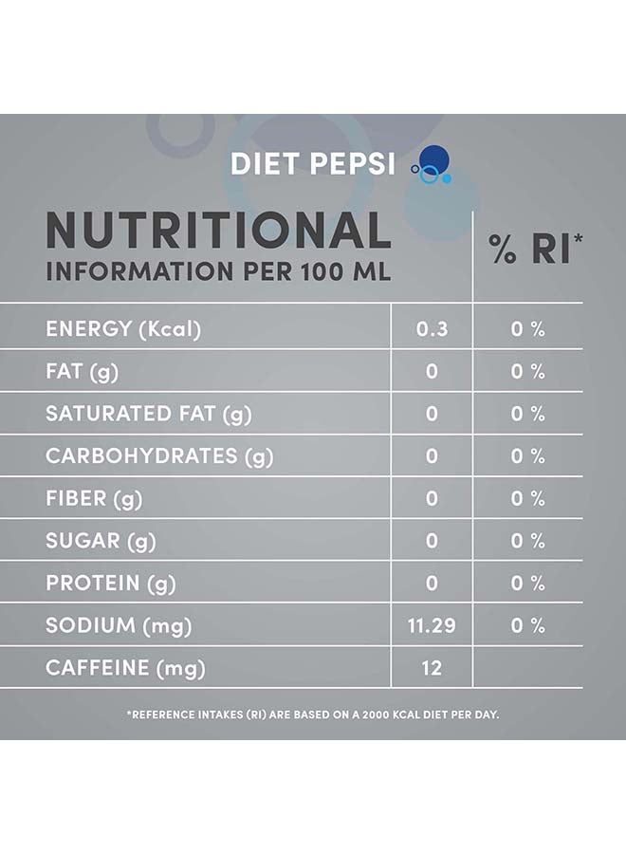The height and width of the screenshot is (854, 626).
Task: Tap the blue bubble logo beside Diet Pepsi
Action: pyautogui.click(x=431, y=166)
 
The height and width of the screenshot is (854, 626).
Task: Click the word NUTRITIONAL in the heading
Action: pyautogui.click(x=218, y=231)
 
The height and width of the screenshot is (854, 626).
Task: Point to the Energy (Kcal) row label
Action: pyautogui.click(x=123, y=329)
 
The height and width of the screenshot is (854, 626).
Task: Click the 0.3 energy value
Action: pyautogui.click(x=432, y=329)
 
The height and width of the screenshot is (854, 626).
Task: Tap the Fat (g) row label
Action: pyautogui.click(x=82, y=371)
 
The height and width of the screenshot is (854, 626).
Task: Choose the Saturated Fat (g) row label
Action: pyautogui.click(x=148, y=414)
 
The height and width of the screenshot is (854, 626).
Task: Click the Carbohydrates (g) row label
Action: pyautogui.click(x=159, y=456)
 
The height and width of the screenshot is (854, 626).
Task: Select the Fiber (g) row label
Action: pyautogui.click(x=93, y=498)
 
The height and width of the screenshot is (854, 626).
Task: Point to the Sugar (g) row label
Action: pyautogui.click(x=101, y=541)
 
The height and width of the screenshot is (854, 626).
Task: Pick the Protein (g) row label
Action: pyautogui.click(x=110, y=583)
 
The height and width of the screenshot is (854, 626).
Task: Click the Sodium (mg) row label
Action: pyautogui.click(x=119, y=625)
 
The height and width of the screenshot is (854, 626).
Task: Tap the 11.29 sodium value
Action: pyautogui.click(x=432, y=625)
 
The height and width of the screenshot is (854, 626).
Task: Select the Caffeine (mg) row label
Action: pyautogui.click(x=125, y=668)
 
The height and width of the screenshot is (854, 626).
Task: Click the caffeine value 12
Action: pyautogui.click(x=432, y=668)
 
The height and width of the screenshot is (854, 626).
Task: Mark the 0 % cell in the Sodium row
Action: pyautogui.click(x=528, y=625)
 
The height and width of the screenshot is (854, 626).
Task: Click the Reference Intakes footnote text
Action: pyautogui.click(x=313, y=714)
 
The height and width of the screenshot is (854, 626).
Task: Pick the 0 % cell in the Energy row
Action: pyautogui.click(x=528, y=329)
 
